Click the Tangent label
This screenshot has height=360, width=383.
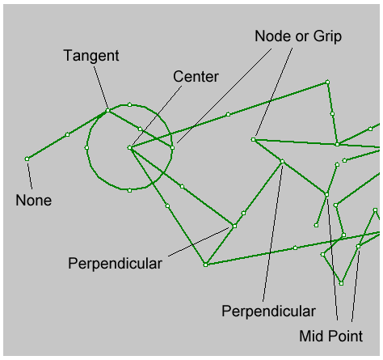click(91, 56)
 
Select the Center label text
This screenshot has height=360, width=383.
click(196, 77)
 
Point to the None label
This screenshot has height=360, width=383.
click(34, 201)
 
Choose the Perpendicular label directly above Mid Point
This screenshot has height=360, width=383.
click(268, 311)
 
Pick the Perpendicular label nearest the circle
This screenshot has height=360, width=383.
click(115, 264)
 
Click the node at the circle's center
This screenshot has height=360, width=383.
click(129, 148)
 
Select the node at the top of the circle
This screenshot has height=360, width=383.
click(129, 104)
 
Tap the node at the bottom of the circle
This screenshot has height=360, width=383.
click(129, 191)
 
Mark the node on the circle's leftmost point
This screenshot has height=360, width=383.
click(86, 148)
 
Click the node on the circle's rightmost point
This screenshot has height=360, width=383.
click(172, 148)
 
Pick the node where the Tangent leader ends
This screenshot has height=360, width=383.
click(107, 111)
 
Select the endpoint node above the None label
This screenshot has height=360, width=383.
click(27, 159)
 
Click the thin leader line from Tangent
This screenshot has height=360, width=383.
click(101, 87)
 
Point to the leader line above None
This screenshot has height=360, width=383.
click(30, 176)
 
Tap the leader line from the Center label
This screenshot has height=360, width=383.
click(157, 116)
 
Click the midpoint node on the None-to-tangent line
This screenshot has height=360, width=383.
click(67, 134)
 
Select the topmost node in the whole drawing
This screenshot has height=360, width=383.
click(327, 82)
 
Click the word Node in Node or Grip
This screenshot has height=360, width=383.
click(269, 36)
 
